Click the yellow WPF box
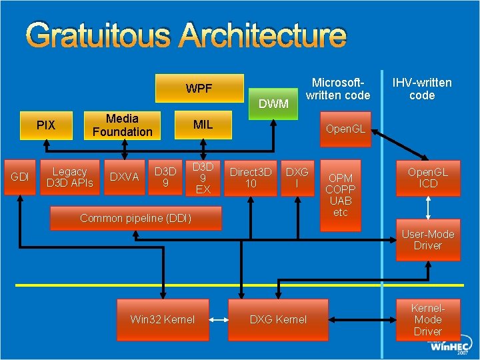[199, 89]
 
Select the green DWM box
[273, 103]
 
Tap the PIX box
[46, 125]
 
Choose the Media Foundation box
[122, 125]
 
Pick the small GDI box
[20, 177]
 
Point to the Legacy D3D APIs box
[69, 177]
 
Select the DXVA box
[124, 177]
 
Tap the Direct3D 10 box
[251, 177]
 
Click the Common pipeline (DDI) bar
[135, 218]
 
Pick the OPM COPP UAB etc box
[340, 195]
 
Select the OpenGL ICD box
[427, 177]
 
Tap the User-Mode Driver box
[427, 240]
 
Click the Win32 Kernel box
[162, 319]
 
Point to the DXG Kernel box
[278, 319]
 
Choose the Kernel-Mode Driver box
[427, 319]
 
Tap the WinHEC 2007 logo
[450, 347]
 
